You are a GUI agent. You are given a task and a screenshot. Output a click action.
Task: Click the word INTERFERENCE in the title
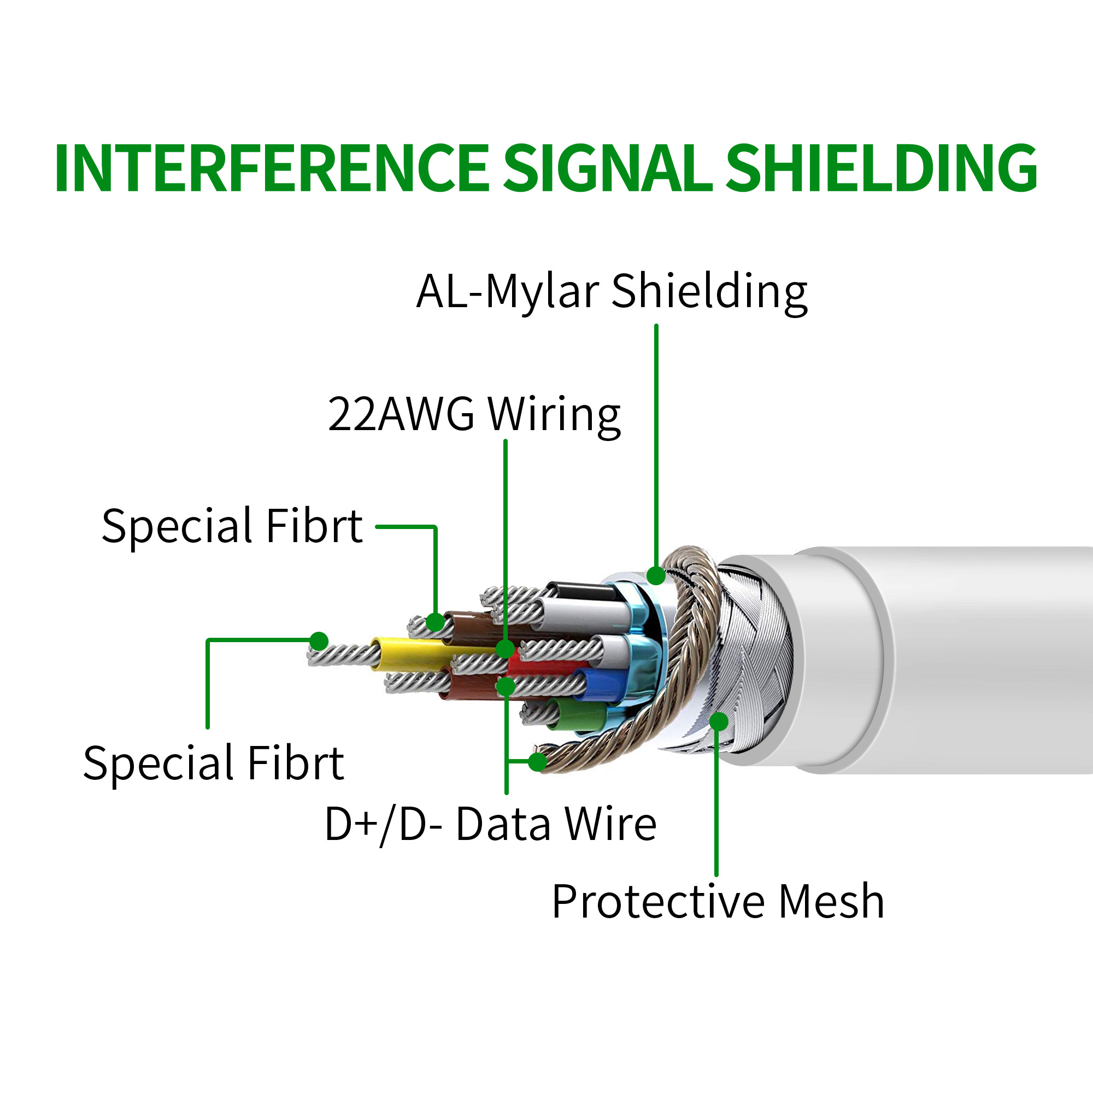coord(272,168)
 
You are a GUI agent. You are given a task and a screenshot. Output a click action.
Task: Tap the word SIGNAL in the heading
coord(608,168)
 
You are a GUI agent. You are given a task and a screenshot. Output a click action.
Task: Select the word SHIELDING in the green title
coord(881,168)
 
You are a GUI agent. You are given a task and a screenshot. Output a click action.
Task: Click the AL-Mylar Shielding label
coord(612,291)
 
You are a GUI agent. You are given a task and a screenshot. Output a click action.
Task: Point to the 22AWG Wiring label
coord(474,415)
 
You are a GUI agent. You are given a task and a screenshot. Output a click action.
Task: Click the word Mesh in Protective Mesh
coord(831,902)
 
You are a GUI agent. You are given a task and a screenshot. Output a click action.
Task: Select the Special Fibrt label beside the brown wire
coord(232,526)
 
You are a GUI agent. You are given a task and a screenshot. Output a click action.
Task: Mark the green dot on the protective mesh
coord(719,721)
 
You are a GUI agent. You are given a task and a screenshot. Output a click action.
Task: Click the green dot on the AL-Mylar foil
coord(656,575)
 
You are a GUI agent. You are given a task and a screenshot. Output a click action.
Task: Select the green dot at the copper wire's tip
coord(537,762)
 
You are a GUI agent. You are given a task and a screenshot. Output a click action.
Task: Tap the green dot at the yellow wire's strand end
coord(319,641)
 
